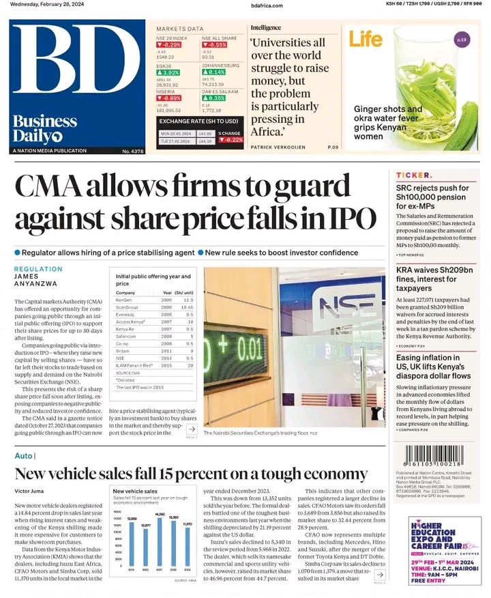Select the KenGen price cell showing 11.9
point(188,300)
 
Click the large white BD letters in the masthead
point(78,67)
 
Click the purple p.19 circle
point(462,40)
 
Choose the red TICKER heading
point(413,175)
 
